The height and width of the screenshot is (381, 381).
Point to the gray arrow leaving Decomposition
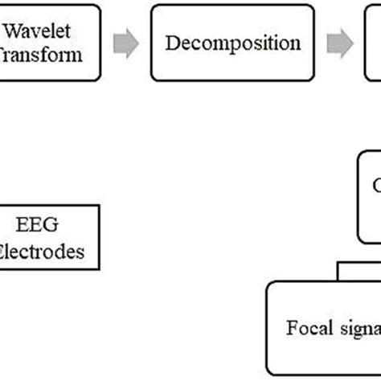tap(341, 43)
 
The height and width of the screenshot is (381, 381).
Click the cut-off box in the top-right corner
tap(373, 43)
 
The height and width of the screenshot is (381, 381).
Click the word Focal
tap(305, 329)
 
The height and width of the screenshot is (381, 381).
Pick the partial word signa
tap(354, 329)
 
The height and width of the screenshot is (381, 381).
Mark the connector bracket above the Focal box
tap(358, 272)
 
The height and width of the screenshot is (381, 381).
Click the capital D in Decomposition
tap(171, 43)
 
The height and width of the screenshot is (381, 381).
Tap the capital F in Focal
tap(291, 329)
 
